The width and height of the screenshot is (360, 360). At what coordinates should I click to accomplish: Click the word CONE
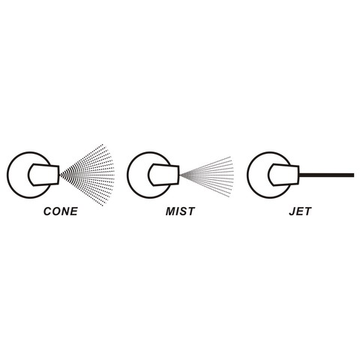pyautogui.click(x=61, y=211)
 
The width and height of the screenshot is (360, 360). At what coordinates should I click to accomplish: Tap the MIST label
pyautogui.click(x=180, y=211)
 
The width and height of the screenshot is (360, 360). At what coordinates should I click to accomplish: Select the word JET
pyautogui.click(x=300, y=211)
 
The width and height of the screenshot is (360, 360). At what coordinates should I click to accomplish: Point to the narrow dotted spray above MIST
pyautogui.click(x=208, y=176)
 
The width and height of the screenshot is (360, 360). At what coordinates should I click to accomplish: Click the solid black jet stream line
pyautogui.click(x=326, y=175)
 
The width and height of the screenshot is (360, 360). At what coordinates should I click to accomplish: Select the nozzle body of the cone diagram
pyautogui.click(x=43, y=175)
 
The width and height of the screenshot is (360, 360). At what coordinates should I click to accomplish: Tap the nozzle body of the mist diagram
pyautogui.click(x=163, y=175)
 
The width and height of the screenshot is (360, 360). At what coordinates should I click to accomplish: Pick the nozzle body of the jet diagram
pyautogui.click(x=283, y=175)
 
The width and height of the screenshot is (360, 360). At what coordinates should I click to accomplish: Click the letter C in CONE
pyautogui.click(x=47, y=211)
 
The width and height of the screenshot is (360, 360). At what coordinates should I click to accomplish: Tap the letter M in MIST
pyautogui.click(x=170, y=211)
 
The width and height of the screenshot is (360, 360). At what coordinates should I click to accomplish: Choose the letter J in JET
pyautogui.click(x=292, y=211)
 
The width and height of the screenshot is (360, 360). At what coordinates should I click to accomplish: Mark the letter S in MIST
pyautogui.click(x=184, y=211)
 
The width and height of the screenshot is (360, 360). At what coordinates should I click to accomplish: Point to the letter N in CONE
pyautogui.click(x=65, y=211)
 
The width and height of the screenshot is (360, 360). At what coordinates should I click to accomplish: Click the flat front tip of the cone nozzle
pyautogui.click(x=58, y=175)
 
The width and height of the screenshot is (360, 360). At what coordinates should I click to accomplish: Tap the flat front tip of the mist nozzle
pyautogui.click(x=178, y=175)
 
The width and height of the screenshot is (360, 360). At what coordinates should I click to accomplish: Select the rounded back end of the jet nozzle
pyautogui.click(x=269, y=175)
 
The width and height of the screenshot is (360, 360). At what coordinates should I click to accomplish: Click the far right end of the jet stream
pyautogui.click(x=354, y=175)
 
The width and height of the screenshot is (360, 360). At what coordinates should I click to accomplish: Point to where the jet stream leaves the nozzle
pyautogui.click(x=299, y=175)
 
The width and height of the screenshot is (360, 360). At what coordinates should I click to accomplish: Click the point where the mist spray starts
pyautogui.click(x=180, y=175)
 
